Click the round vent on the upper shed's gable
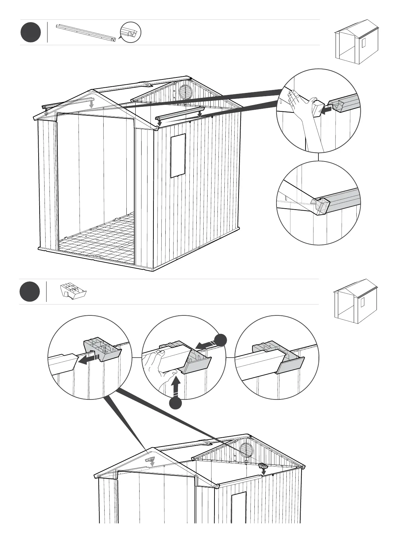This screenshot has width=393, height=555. coord(185,92)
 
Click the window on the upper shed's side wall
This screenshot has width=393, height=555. coord(178,156)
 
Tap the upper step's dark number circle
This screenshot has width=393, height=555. coord(30,32)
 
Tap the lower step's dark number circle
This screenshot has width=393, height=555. coord(29,292)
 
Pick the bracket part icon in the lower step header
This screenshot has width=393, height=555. coord(73,291)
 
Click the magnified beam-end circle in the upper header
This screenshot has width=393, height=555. coord(130,32)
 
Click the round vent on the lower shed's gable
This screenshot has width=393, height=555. coord(246,450)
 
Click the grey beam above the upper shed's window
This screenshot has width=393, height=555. coord(181,113)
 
